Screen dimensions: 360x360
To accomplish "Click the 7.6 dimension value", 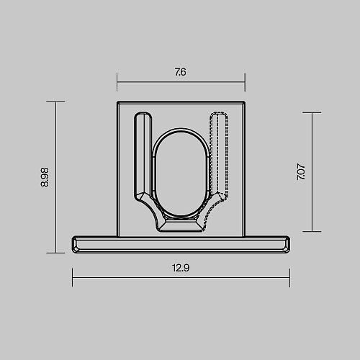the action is click(180, 72).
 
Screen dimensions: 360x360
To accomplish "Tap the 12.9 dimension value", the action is click(181, 268).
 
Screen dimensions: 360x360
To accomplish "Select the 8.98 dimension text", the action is click(45, 177).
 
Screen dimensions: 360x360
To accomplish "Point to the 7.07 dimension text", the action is click(301, 172).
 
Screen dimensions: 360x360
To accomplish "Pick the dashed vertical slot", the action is click(219, 153).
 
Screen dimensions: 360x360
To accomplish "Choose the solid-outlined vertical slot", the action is click(143, 153).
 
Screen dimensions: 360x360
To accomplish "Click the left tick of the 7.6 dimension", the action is click(117, 82).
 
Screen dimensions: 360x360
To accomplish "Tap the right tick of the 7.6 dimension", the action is click(245, 82).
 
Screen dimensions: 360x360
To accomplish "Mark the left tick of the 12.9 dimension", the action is click(72, 277).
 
